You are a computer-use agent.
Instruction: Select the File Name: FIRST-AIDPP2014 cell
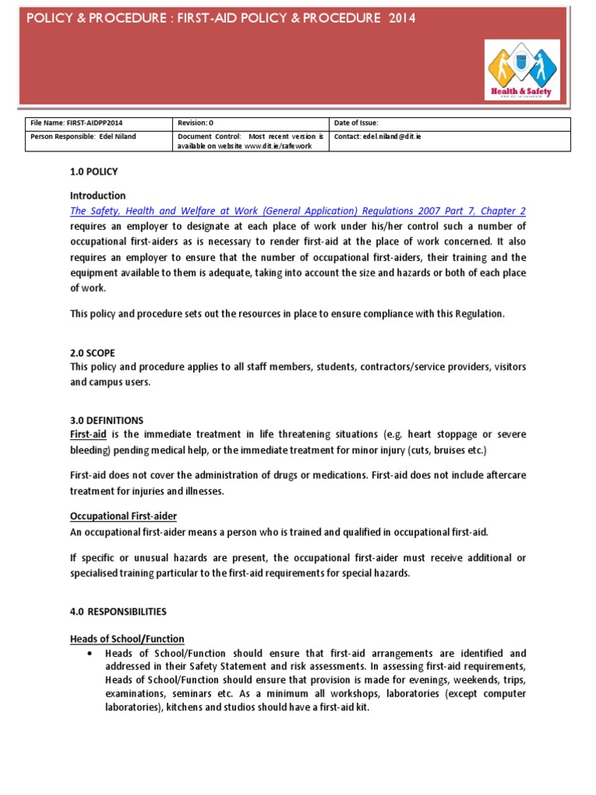[x=76, y=123]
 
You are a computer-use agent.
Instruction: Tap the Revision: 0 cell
[x=195, y=123]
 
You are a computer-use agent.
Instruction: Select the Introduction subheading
[x=98, y=196]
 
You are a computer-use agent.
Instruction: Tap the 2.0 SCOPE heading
[x=92, y=352]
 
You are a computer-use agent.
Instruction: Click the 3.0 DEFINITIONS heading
[x=106, y=420]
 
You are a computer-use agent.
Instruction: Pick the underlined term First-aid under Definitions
[x=88, y=435]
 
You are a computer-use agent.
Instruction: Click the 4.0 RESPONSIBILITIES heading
[x=118, y=612]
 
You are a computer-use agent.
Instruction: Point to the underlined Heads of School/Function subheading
[x=127, y=639]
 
